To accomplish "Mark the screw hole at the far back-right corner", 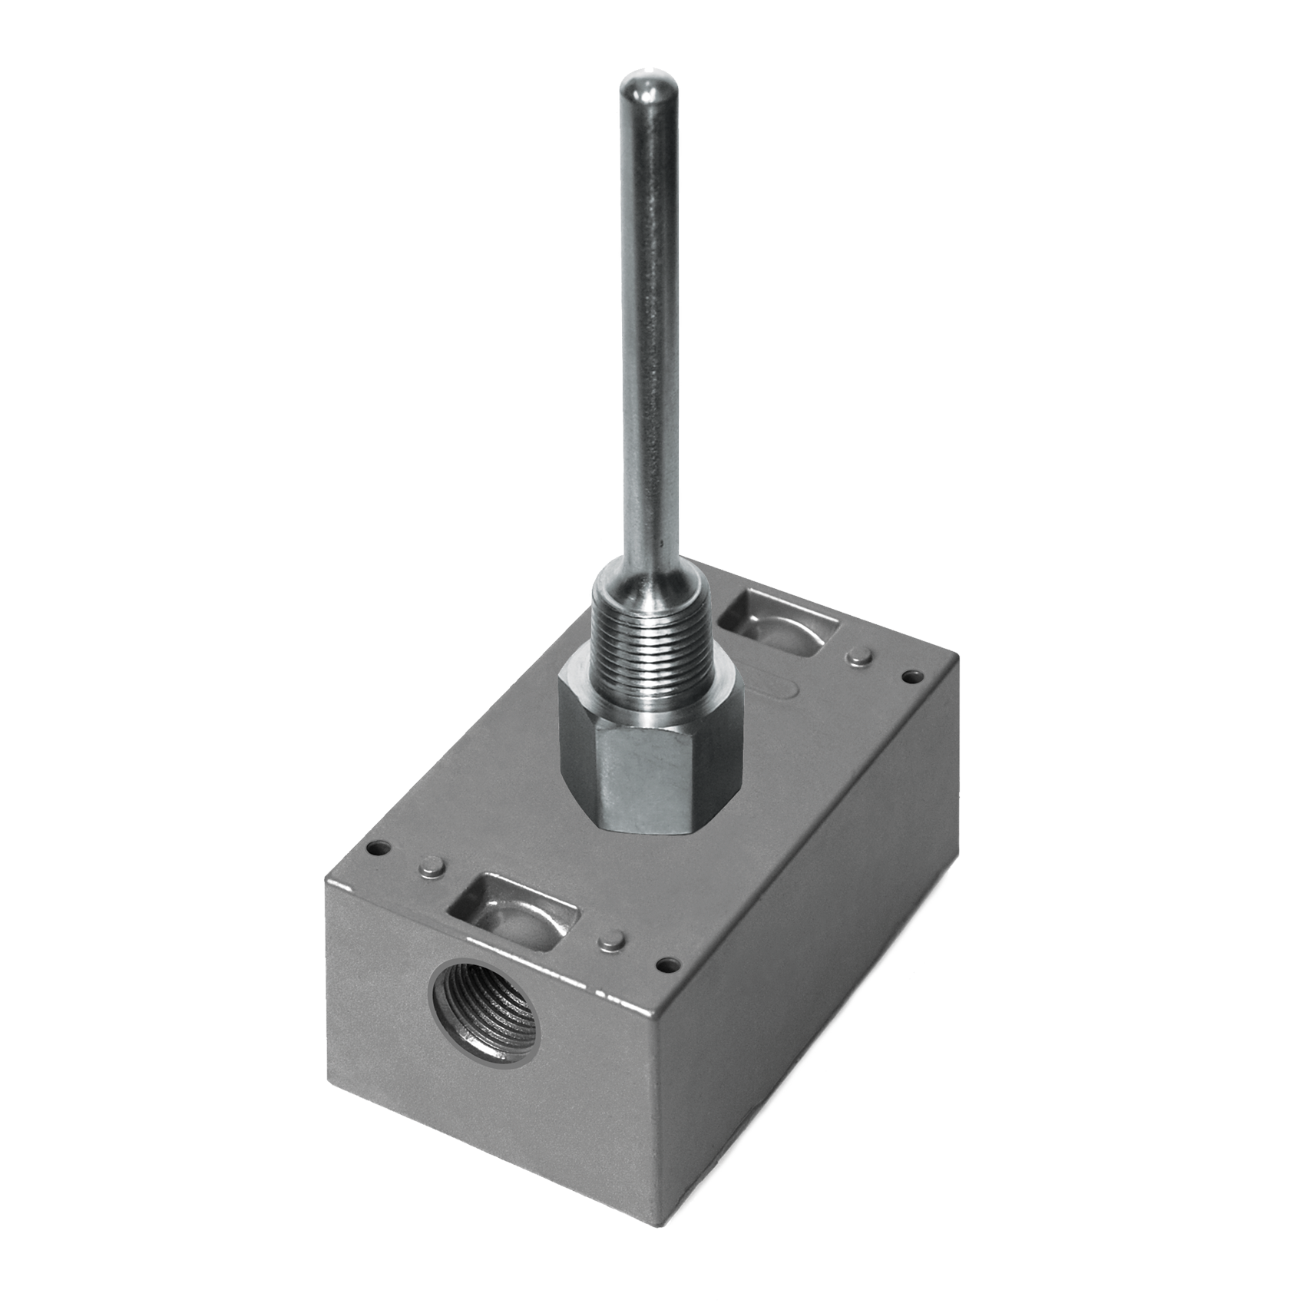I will (913, 677).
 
